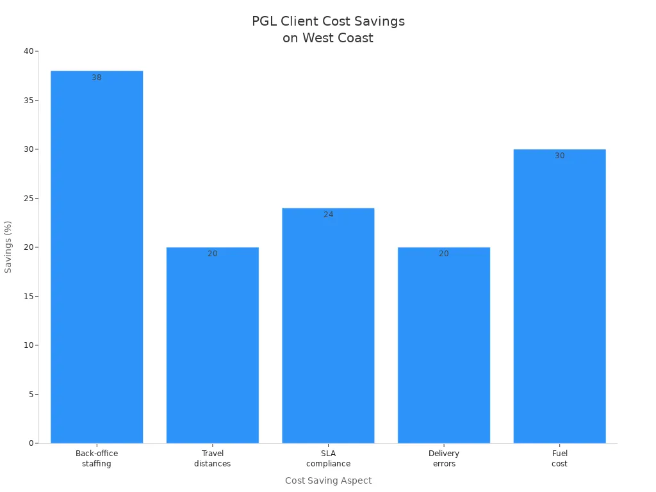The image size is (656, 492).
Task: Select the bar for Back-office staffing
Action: (97, 256)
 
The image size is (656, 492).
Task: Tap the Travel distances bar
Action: (212, 346)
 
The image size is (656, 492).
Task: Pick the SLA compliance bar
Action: (328, 327)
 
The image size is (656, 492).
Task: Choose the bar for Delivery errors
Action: (444, 346)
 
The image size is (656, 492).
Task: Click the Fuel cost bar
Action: (559, 295)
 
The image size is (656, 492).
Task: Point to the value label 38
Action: (97, 78)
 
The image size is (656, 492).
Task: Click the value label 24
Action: (328, 215)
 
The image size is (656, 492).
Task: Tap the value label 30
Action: (559, 156)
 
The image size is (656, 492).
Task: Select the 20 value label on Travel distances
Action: (212, 254)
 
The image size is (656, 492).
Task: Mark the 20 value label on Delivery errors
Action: (444, 254)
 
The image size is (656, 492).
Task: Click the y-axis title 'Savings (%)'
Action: (8, 247)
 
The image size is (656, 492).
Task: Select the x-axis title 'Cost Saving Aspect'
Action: (328, 480)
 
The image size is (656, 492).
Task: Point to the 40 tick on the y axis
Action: (28, 51)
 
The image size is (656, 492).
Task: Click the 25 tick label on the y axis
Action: (28, 199)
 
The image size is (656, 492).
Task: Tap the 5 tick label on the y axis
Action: (31, 395)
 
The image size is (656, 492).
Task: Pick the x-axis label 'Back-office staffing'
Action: (97, 459)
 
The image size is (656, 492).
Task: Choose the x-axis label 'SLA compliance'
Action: (328, 459)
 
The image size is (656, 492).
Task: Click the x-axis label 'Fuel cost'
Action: (559, 459)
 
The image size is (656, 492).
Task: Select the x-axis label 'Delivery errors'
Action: (444, 459)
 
